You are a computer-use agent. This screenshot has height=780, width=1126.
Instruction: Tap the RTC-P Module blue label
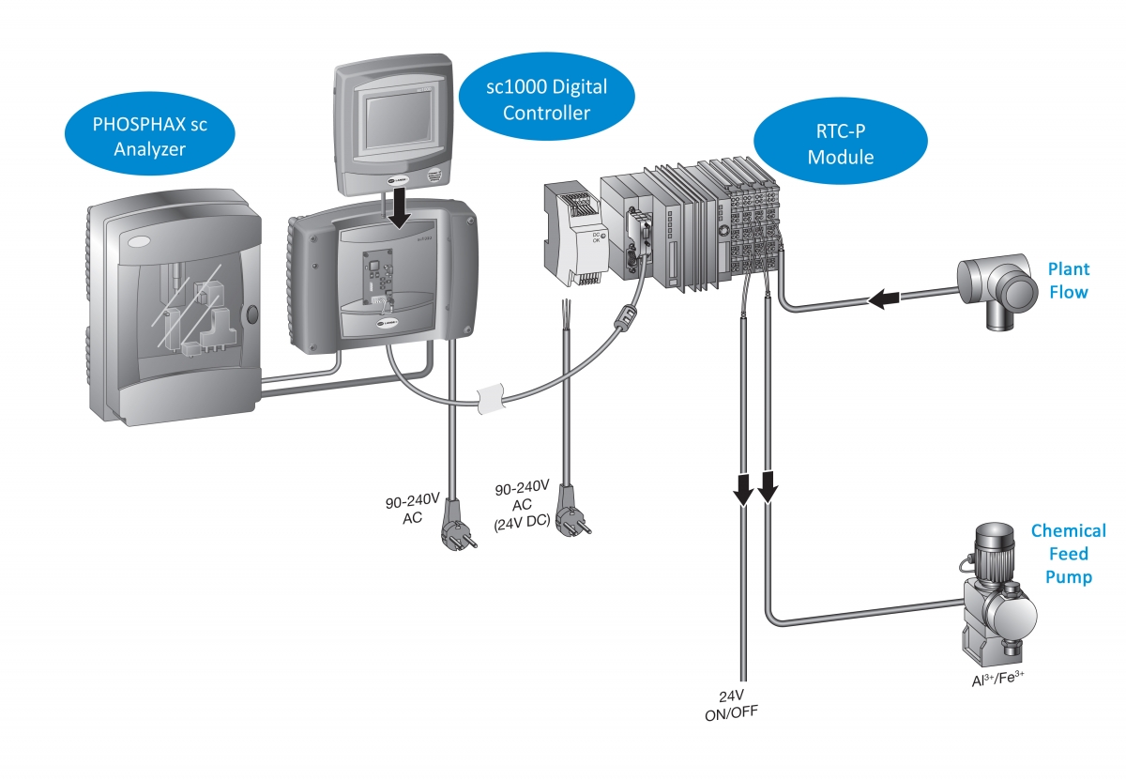pos(840,144)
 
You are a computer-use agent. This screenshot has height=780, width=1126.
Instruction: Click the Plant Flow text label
pos(1069,281)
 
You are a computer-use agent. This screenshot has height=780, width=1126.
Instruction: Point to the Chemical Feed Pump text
pos(1068,554)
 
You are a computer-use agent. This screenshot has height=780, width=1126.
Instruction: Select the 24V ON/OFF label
pos(731,704)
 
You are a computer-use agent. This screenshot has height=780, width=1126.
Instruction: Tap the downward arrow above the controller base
pos(402,209)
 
